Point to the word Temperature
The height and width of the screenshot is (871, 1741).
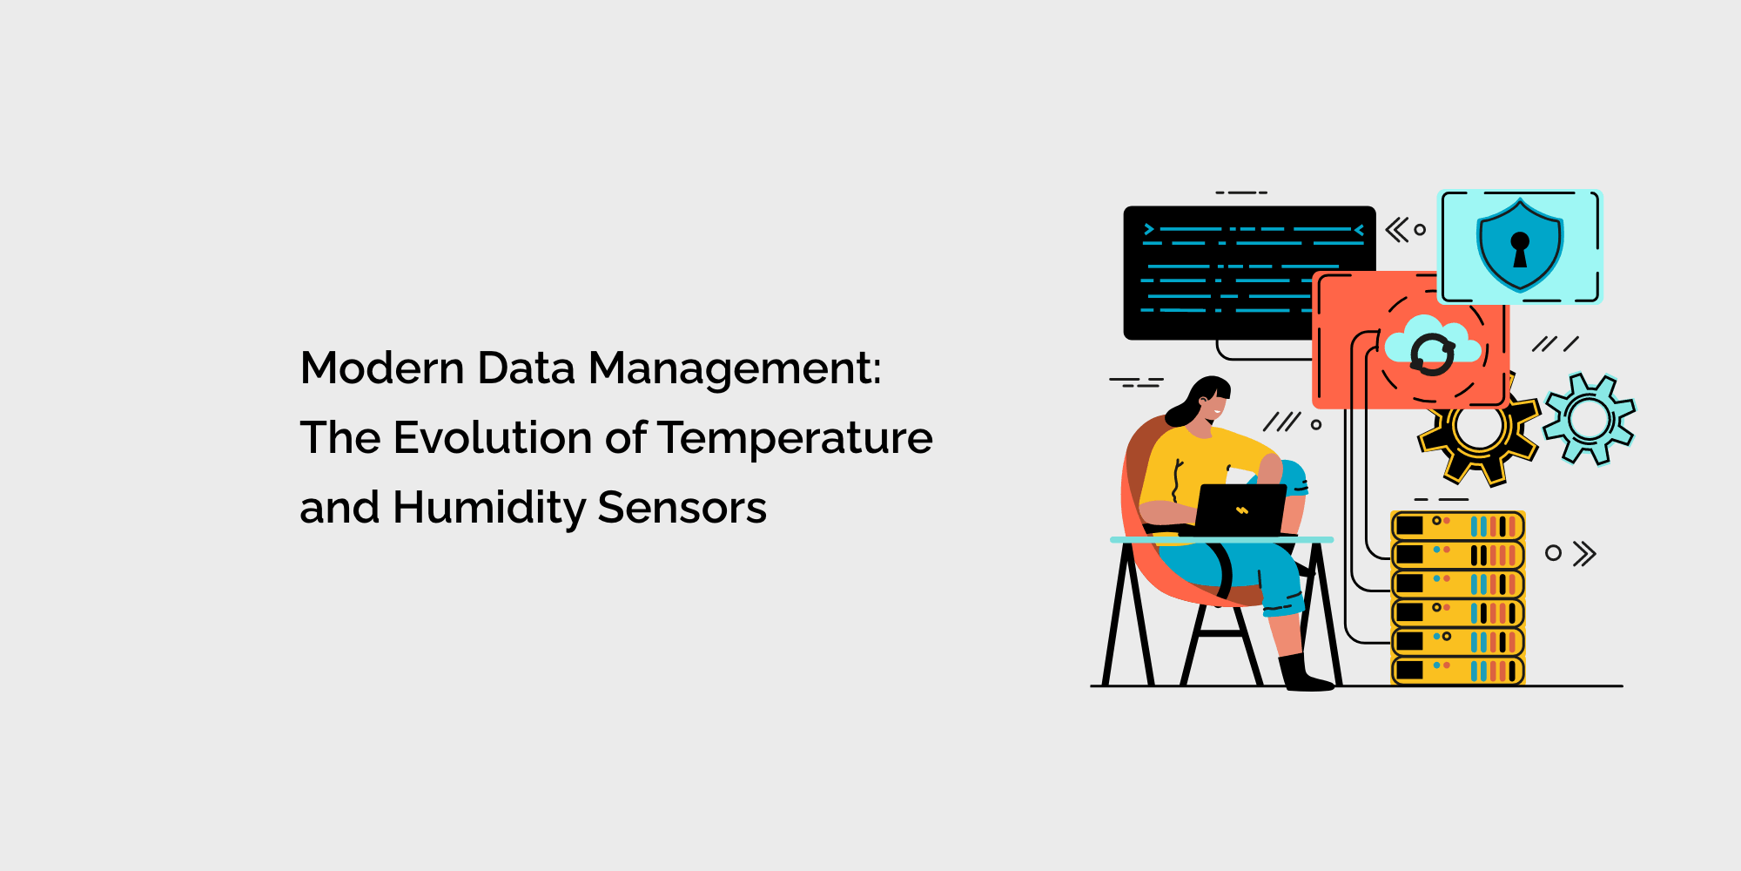[795, 439]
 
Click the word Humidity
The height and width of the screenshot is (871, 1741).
[489, 508]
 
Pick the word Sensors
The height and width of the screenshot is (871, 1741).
[682, 508]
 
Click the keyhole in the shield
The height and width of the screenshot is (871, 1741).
[1520, 247]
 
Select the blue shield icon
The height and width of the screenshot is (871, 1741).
[1520, 244]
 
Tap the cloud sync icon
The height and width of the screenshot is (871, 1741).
[1432, 348]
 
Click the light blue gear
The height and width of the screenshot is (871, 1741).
[1590, 419]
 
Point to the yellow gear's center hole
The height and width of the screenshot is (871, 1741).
[1478, 429]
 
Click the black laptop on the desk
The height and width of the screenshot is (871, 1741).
[1240, 510]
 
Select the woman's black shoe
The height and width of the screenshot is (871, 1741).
[1303, 676]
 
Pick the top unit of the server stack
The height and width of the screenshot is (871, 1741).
[1458, 526]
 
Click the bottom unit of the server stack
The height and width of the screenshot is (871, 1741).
[1458, 671]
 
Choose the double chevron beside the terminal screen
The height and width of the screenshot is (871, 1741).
[1396, 230]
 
